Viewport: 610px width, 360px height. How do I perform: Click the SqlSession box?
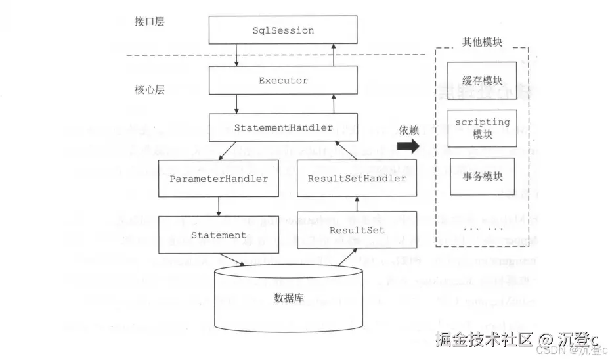coord(283,31)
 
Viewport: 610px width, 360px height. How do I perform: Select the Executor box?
coord(283,81)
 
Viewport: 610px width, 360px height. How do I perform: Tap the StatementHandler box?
coord(283,128)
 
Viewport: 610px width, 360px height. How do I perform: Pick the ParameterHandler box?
coord(219,178)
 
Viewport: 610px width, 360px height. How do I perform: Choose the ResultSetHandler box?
coord(357,178)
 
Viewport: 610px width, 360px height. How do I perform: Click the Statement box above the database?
coord(219,235)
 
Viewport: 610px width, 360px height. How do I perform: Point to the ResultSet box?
coord(357,230)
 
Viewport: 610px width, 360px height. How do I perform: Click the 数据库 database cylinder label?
coord(288,298)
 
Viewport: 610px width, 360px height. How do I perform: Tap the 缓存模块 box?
coord(482,81)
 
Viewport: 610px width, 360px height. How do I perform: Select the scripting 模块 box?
coord(482,128)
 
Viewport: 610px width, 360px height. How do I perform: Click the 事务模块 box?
coord(482,177)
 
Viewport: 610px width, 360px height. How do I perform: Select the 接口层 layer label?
coord(149,22)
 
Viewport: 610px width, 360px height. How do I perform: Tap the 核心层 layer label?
coord(149,89)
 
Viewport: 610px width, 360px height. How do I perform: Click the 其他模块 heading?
coord(482,42)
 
